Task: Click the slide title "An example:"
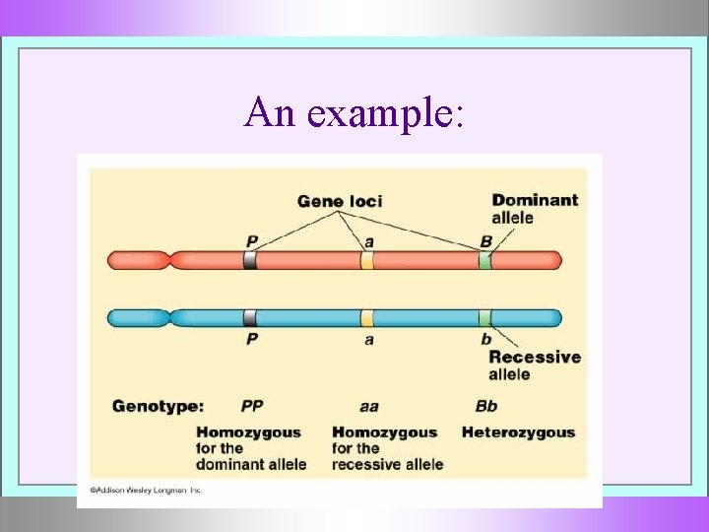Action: click(x=354, y=112)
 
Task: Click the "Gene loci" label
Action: click(x=340, y=201)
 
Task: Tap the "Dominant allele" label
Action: click(x=535, y=208)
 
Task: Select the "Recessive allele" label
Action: click(x=534, y=366)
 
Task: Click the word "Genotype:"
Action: click(x=159, y=406)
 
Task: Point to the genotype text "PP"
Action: click(x=253, y=406)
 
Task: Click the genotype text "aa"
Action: click(x=368, y=406)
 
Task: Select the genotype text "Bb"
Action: click(x=486, y=406)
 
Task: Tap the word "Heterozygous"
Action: click(x=518, y=432)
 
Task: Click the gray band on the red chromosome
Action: click(x=250, y=260)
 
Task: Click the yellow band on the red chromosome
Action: click(x=367, y=260)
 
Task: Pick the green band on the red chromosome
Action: click(x=484, y=260)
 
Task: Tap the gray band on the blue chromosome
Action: click(x=250, y=318)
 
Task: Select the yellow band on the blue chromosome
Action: click(x=367, y=318)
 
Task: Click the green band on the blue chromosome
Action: click(x=484, y=318)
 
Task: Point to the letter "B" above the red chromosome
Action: click(x=485, y=240)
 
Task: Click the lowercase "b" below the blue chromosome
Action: click(x=485, y=339)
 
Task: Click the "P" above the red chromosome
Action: click(x=251, y=240)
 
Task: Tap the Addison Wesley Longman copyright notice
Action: click(x=146, y=489)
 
